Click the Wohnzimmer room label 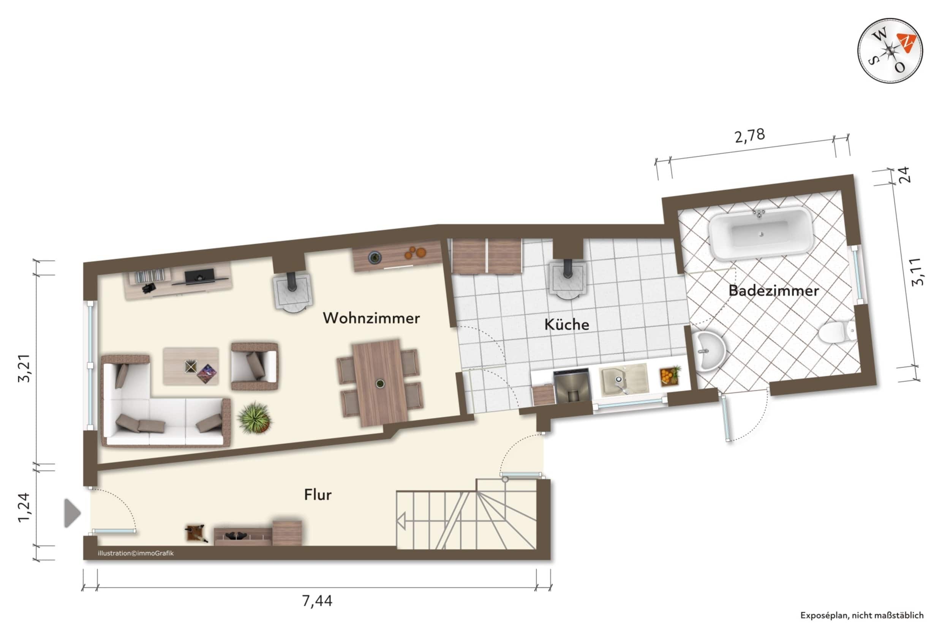pyautogui.click(x=371, y=318)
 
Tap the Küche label pyautogui.click(x=566, y=324)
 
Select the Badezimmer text pyautogui.click(x=773, y=290)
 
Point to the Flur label pyautogui.click(x=318, y=495)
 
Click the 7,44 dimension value pyautogui.click(x=317, y=601)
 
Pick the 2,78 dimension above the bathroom pyautogui.click(x=750, y=135)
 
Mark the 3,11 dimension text pyautogui.click(x=918, y=272)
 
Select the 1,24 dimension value pyautogui.click(x=24, y=507)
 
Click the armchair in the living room pyautogui.click(x=254, y=366)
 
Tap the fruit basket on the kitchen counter pyautogui.click(x=670, y=375)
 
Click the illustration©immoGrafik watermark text pyautogui.click(x=136, y=553)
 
